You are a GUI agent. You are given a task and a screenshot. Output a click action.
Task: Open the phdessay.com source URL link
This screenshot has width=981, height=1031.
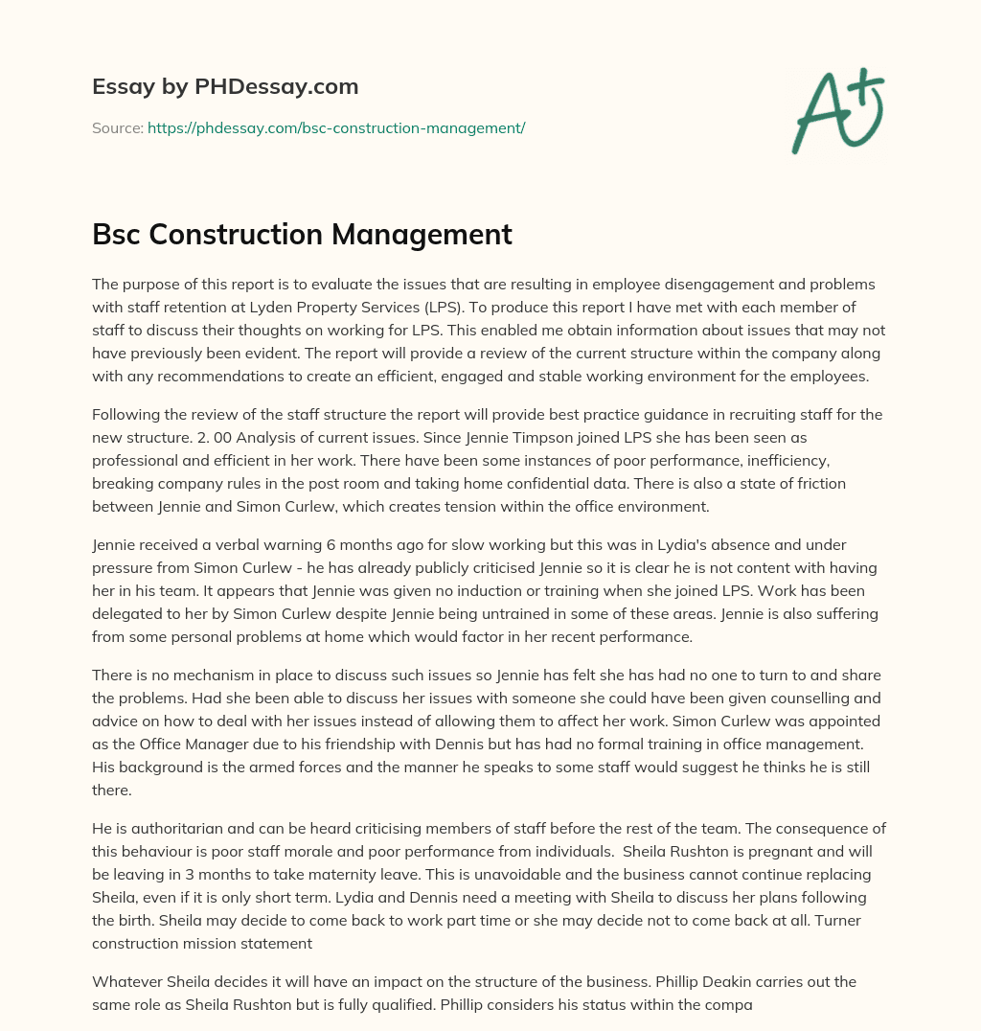pyautogui.click(x=336, y=127)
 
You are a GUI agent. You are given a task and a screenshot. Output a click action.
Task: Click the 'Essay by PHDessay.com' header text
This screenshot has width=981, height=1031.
pyautogui.click(x=225, y=86)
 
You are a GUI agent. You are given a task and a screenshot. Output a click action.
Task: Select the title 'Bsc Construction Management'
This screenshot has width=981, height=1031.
pyautogui.click(x=302, y=234)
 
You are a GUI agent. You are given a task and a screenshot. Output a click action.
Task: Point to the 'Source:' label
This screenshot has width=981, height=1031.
pyautogui.click(x=117, y=127)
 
